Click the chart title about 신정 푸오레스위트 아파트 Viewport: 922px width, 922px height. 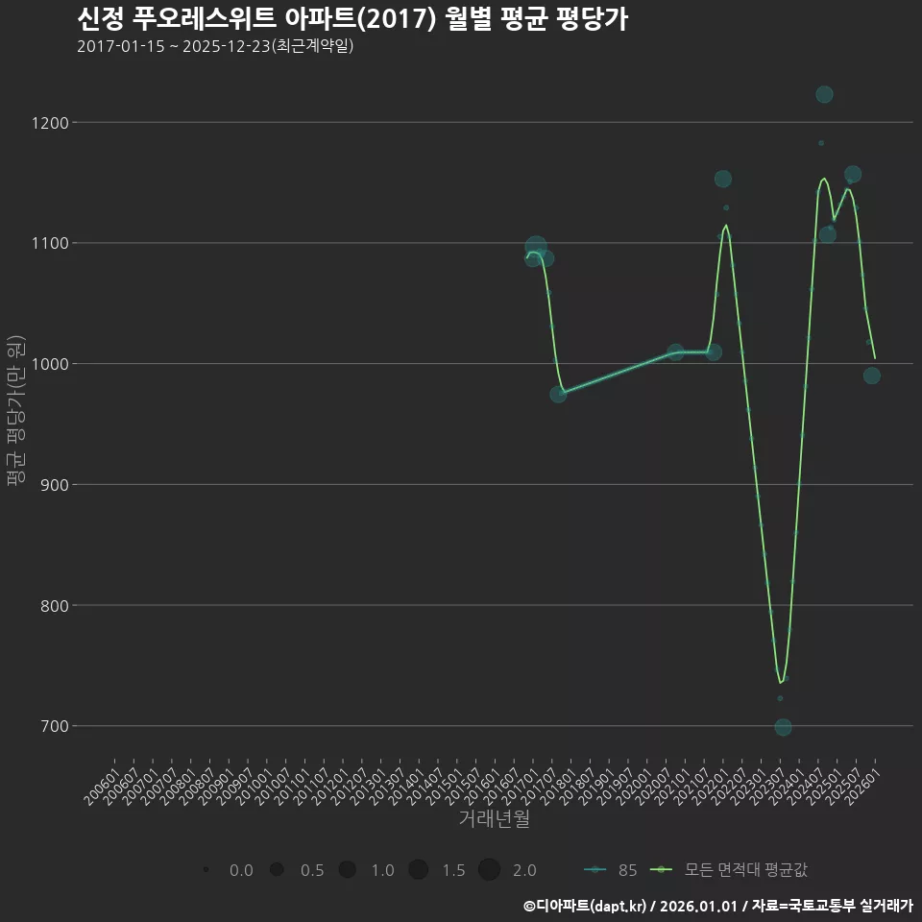coord(352,19)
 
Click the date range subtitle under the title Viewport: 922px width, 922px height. coord(215,46)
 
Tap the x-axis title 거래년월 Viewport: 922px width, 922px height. coord(494,819)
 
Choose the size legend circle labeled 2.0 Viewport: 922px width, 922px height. coord(489,870)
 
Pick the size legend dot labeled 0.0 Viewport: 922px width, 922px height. coord(206,870)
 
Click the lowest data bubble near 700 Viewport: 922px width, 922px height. coord(783,727)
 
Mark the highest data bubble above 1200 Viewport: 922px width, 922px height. coord(824,94)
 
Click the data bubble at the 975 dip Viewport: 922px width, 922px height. coord(558,394)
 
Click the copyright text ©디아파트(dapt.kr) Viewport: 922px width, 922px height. coord(586,906)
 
